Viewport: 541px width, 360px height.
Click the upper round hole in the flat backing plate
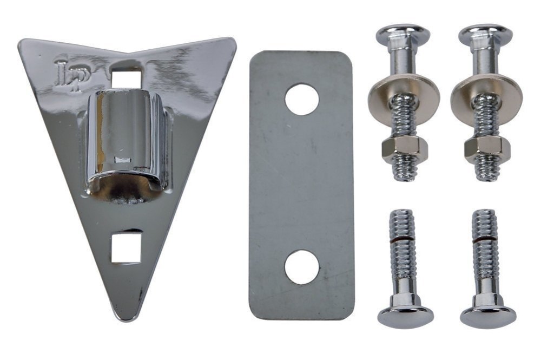(x=302, y=99)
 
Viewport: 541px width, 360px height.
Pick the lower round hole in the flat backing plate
(x=302, y=267)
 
